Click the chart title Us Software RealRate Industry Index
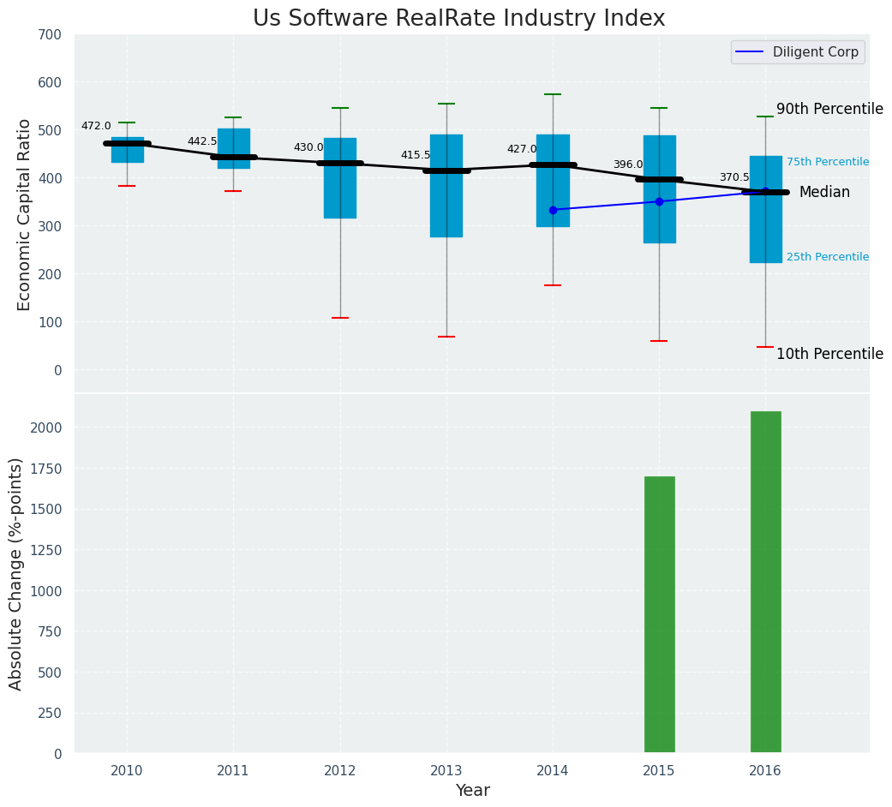pos(458,19)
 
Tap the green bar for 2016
pos(765,582)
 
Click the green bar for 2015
pos(659,614)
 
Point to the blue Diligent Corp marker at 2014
pos(553,210)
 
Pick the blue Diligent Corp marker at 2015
pos(659,201)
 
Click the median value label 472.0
pos(96,126)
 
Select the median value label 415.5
pos(416,155)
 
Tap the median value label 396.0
pos(627,164)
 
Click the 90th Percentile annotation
pos(829,109)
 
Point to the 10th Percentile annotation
pos(829,354)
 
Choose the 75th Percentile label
pos(827,162)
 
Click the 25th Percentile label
pos(827,257)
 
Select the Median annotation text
pos(824,192)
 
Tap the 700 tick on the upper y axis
pos(50,34)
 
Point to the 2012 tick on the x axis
pos(340,771)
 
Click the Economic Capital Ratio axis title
pos(25,214)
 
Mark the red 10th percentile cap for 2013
pos(446,337)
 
